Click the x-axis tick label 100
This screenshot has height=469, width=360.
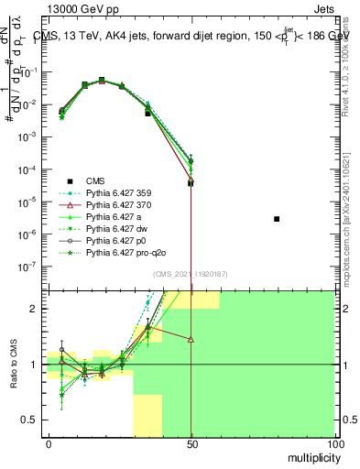click(334, 443)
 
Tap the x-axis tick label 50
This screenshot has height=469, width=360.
click(191, 443)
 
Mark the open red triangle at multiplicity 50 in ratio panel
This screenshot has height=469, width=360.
click(191, 339)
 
